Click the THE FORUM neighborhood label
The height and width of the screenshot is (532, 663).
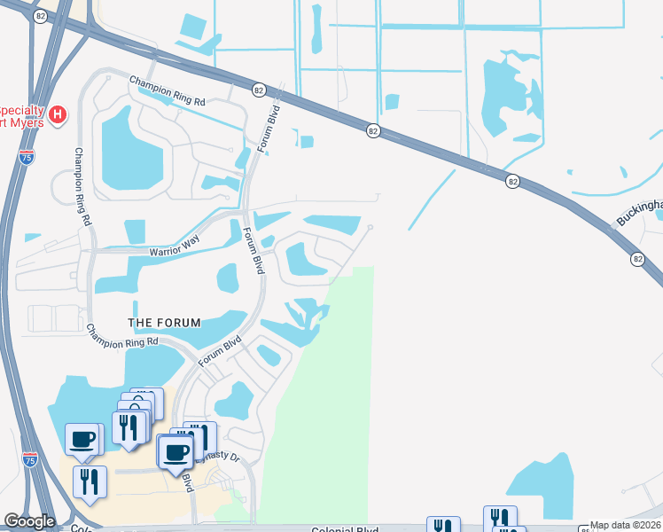(164, 322)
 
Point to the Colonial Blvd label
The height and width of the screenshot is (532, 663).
(345, 529)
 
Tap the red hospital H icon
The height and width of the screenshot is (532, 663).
(58, 114)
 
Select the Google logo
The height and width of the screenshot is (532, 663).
(29, 521)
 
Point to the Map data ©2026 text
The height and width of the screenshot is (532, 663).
(625, 525)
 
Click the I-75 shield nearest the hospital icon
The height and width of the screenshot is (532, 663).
(27, 157)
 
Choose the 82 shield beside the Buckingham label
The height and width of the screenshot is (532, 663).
(638, 258)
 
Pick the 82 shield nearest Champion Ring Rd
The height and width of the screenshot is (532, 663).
(258, 90)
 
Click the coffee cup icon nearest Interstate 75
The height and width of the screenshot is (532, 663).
(83, 438)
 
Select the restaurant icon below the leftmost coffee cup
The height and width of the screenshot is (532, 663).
(90, 481)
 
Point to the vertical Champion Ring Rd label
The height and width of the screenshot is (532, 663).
(82, 186)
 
